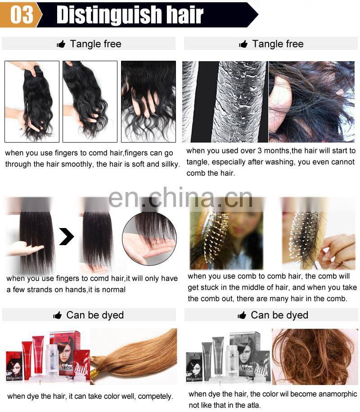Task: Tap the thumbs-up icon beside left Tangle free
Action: pyautogui.click(x=61, y=44)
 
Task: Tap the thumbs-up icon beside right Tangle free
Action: pyautogui.click(x=243, y=44)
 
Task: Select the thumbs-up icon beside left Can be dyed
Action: pyautogui.click(x=57, y=315)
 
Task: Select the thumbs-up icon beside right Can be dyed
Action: pyautogui.click(x=242, y=315)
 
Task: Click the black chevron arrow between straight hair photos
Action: pyautogui.click(x=66, y=236)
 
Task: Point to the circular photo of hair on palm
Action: pyautogui.click(x=149, y=239)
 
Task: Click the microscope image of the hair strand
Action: pyautogui.click(x=225, y=102)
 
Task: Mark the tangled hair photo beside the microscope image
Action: pyautogui.click(x=311, y=102)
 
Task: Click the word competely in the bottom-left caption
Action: pyautogui.click(x=155, y=396)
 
